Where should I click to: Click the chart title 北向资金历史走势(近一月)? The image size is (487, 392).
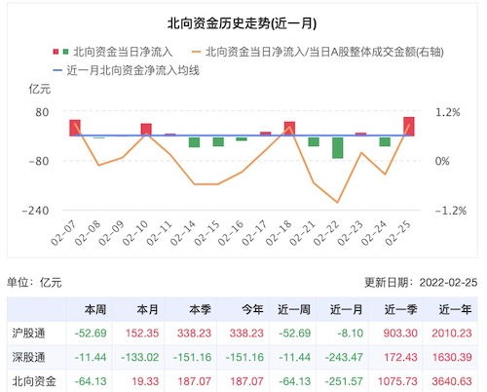pos(243,20)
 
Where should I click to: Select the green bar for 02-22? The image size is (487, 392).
pos(337,146)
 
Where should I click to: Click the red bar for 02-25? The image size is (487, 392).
pos(408,126)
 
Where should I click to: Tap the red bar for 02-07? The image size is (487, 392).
pos(75,128)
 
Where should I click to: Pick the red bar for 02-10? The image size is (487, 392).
pos(146,130)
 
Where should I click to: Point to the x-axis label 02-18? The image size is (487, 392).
pos(285,234)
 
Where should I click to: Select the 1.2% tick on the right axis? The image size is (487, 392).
pos(445,112)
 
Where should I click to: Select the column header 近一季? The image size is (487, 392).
pos(399,309)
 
